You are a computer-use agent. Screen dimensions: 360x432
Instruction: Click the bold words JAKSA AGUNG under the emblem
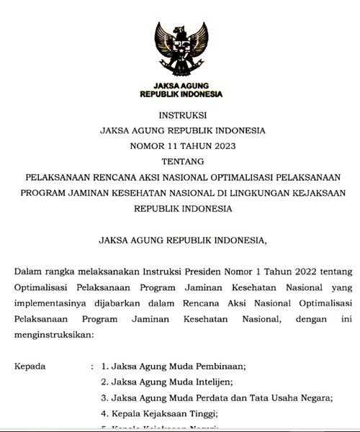pyautogui.click(x=181, y=85)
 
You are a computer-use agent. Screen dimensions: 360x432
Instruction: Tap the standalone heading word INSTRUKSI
pyautogui.click(x=180, y=115)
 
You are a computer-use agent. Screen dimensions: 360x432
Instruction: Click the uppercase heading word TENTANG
pyautogui.click(x=180, y=161)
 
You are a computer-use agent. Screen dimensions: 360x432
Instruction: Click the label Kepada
pyautogui.click(x=30, y=366)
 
